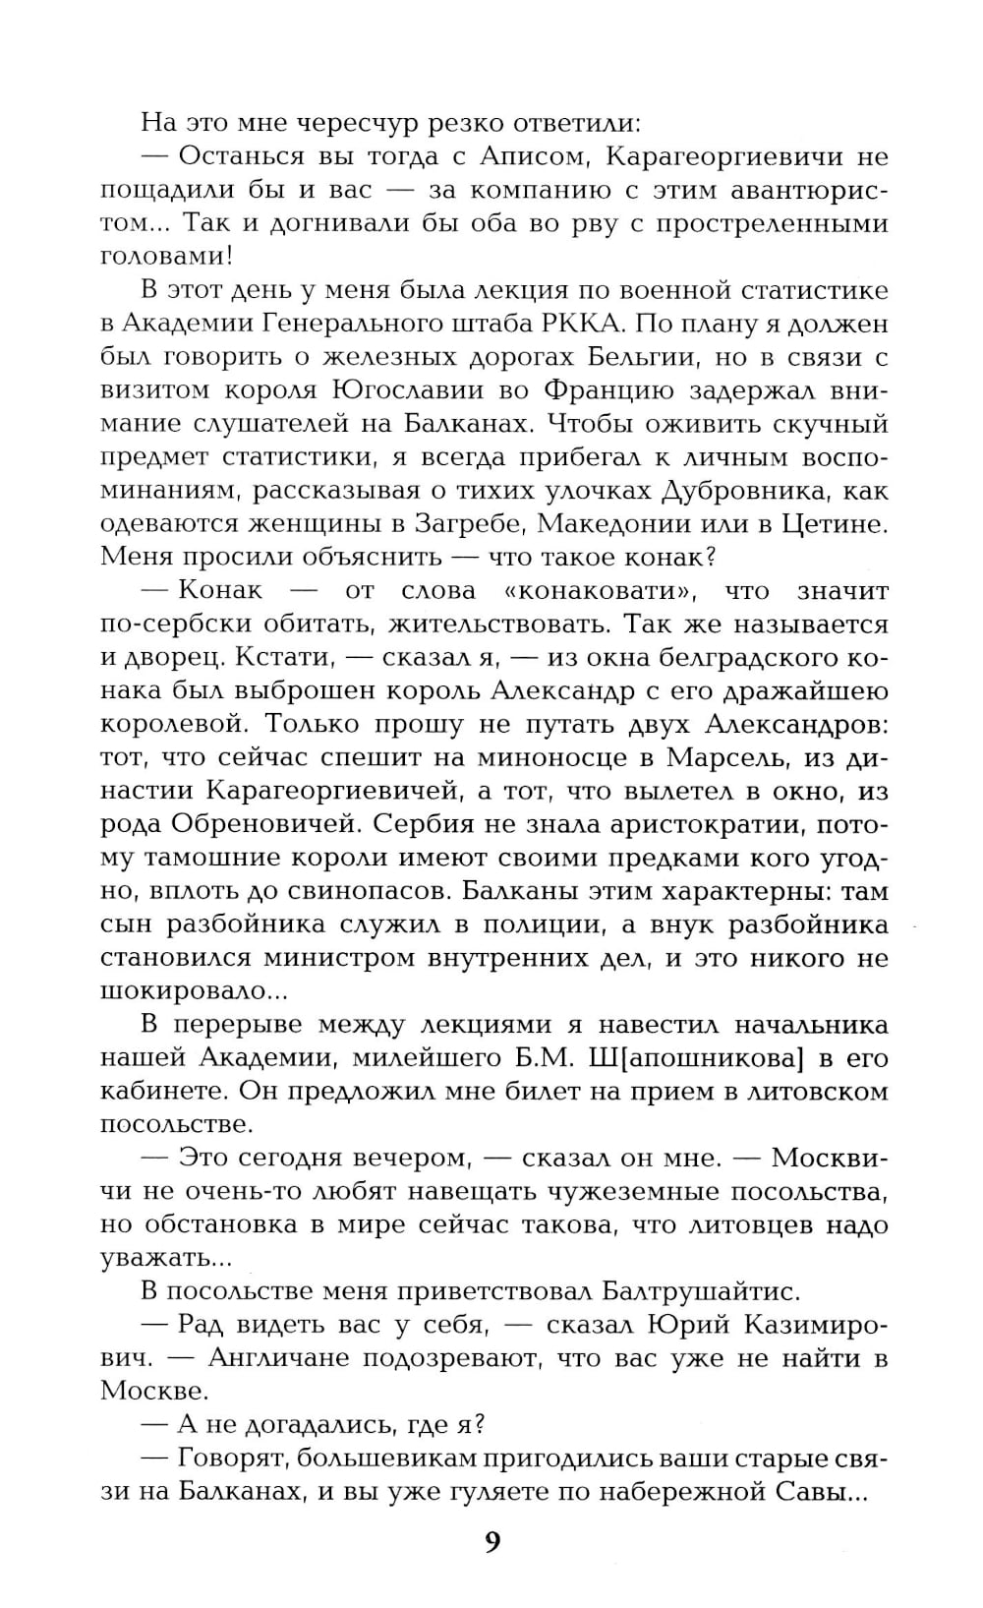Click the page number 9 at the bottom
492,1541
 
